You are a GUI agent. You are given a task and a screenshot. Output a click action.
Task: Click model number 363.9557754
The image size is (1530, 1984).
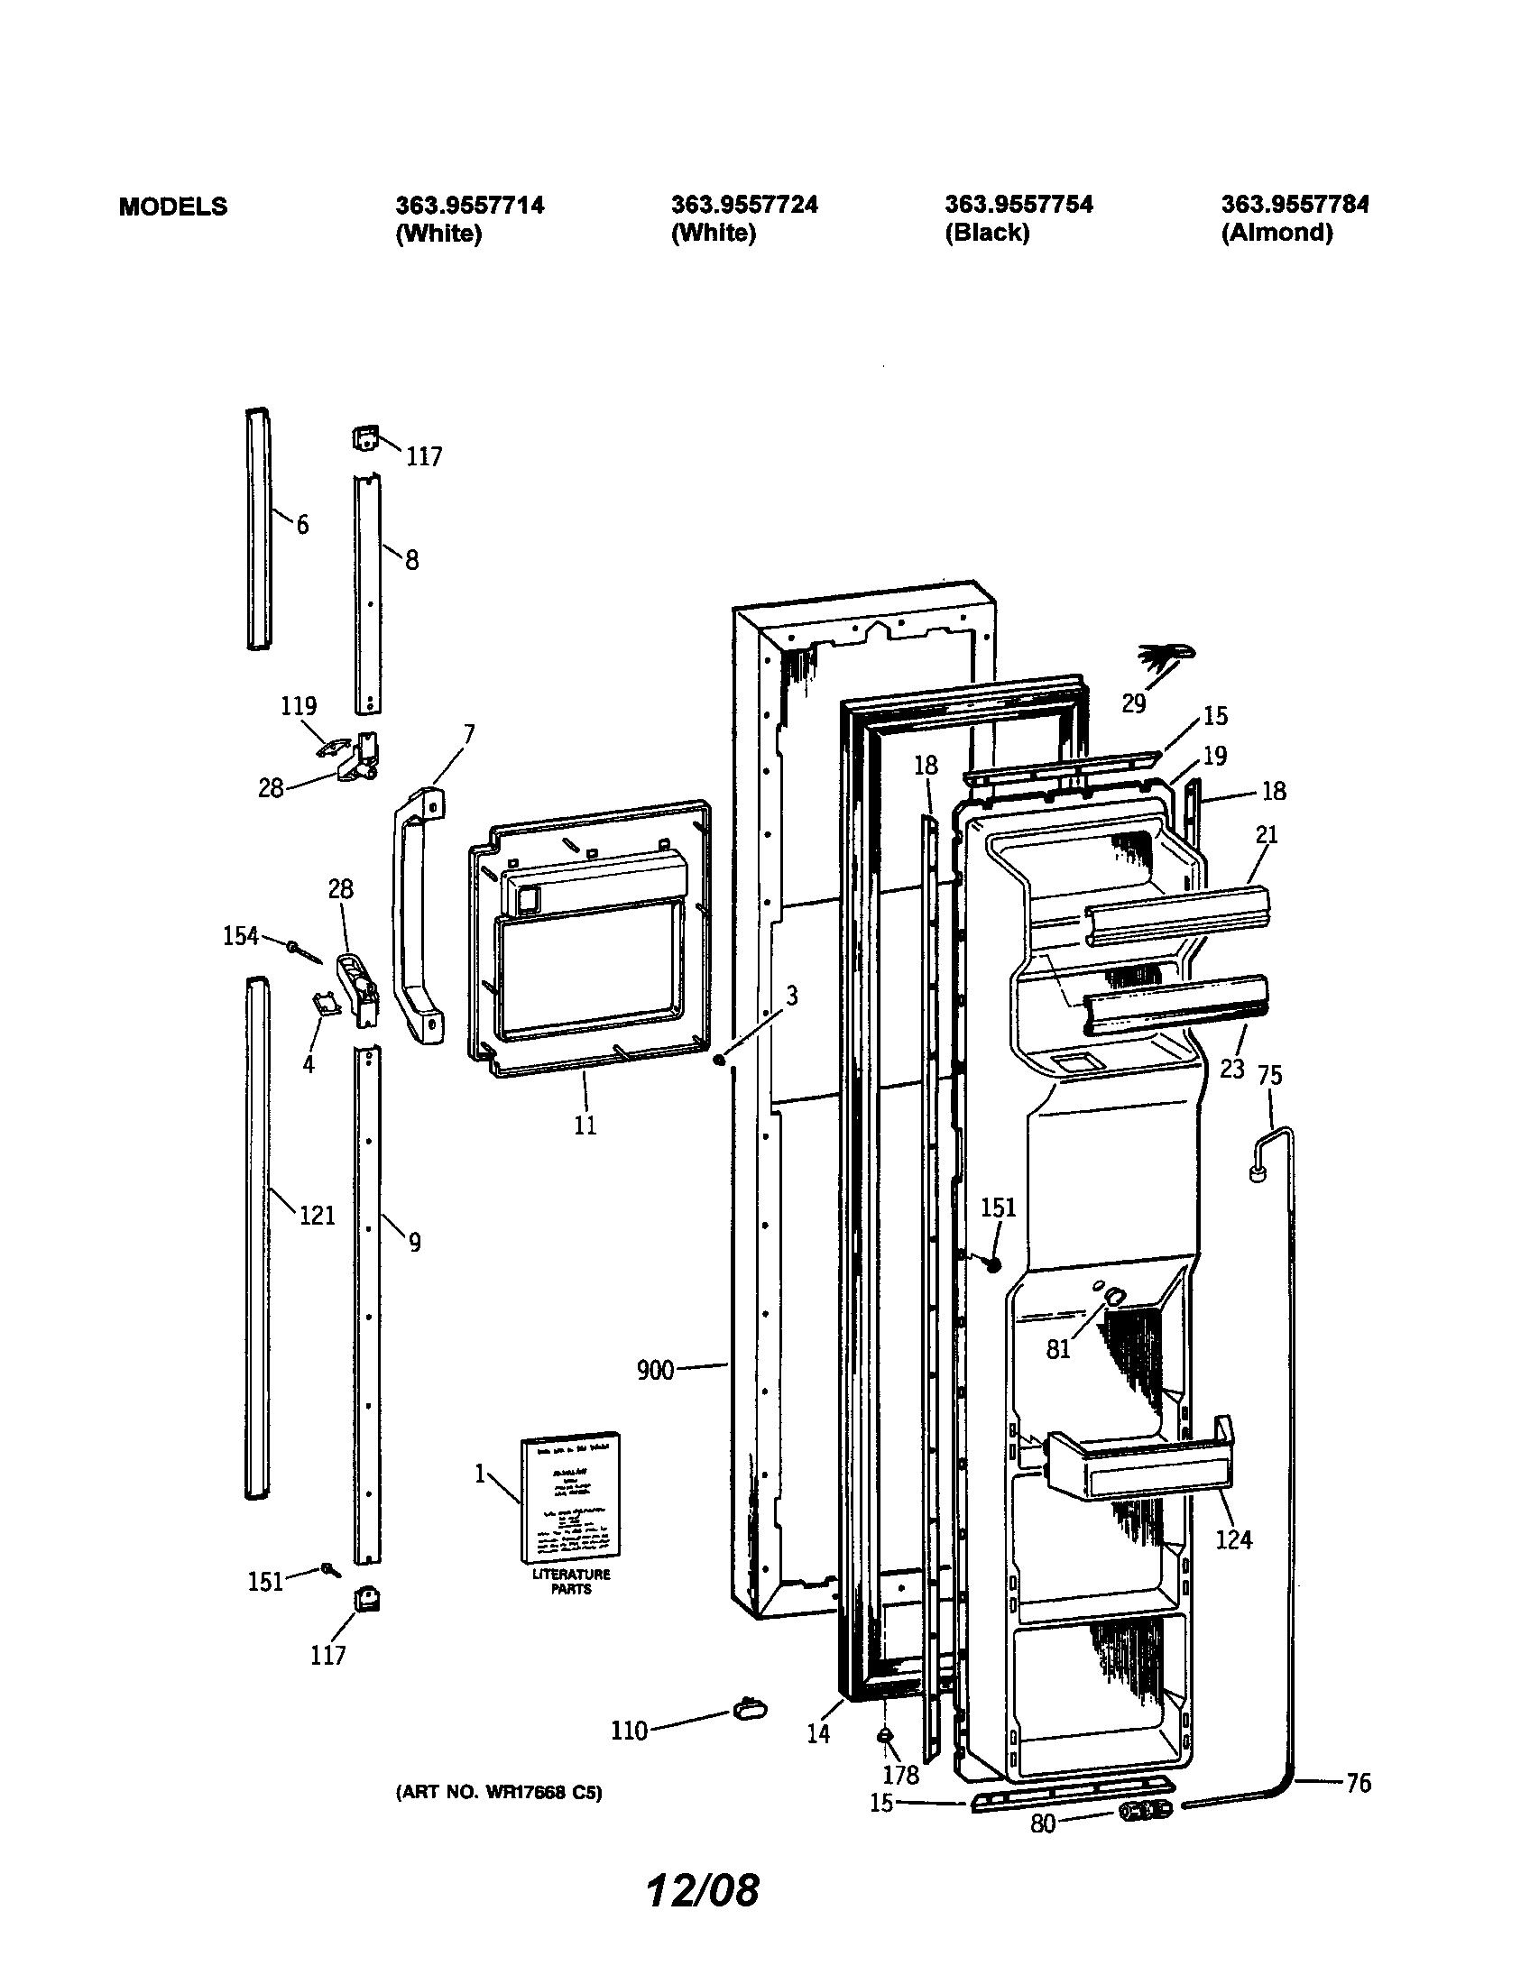(x=1018, y=205)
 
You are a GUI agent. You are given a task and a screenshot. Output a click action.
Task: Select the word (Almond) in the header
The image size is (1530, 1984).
(x=1277, y=233)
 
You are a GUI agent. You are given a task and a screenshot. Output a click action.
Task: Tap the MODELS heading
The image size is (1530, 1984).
(x=172, y=207)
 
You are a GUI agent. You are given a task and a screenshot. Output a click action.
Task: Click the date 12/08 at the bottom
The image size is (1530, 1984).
(x=703, y=1889)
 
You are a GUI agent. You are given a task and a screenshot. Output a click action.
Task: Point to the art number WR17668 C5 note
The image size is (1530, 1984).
(x=499, y=1792)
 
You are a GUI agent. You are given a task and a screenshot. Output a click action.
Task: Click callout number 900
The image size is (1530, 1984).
(x=655, y=1370)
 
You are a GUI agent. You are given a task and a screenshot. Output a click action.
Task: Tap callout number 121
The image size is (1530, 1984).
(x=317, y=1215)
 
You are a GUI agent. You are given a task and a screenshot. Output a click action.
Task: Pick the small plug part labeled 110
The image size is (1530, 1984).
(x=749, y=1709)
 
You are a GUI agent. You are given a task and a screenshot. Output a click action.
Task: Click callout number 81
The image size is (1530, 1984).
(x=1058, y=1349)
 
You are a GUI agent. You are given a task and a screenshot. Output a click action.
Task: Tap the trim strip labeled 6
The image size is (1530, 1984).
(x=258, y=527)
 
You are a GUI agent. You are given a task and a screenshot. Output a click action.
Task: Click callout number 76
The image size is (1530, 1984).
(x=1359, y=1782)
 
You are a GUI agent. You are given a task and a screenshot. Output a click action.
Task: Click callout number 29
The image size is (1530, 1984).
(x=1133, y=703)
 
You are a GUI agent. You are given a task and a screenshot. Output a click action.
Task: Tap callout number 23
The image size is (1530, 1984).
(x=1231, y=1069)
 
